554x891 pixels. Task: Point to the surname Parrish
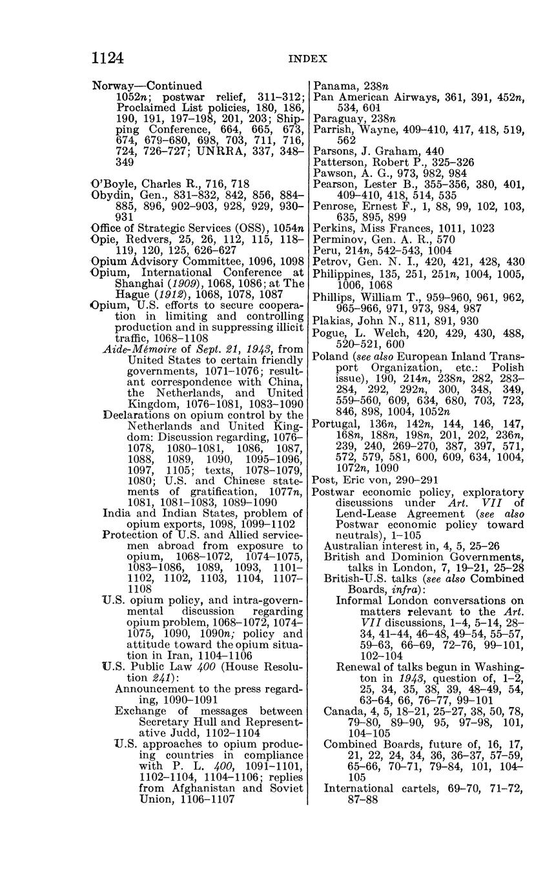click(333, 129)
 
